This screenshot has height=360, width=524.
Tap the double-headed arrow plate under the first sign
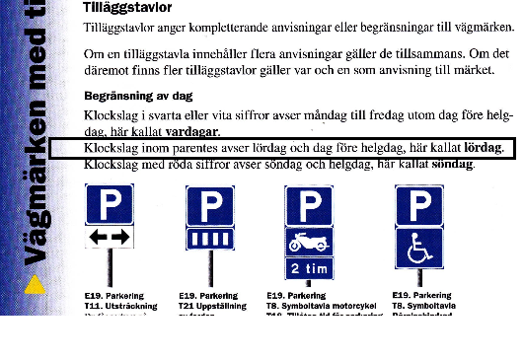[109, 239]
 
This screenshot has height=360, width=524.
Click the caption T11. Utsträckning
[116, 305]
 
